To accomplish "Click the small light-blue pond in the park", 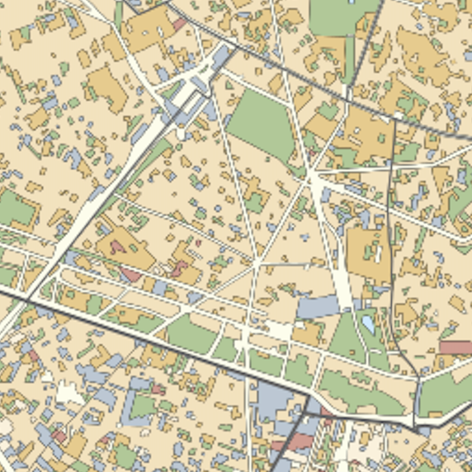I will [x=368, y=323].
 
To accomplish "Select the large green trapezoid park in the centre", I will [x=262, y=124].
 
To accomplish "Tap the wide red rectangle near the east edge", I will [x=455, y=347].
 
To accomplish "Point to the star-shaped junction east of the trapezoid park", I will [x=312, y=176].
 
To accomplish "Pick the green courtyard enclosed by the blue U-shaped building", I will [x=143, y=406].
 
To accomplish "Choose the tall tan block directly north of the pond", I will [x=368, y=253].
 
